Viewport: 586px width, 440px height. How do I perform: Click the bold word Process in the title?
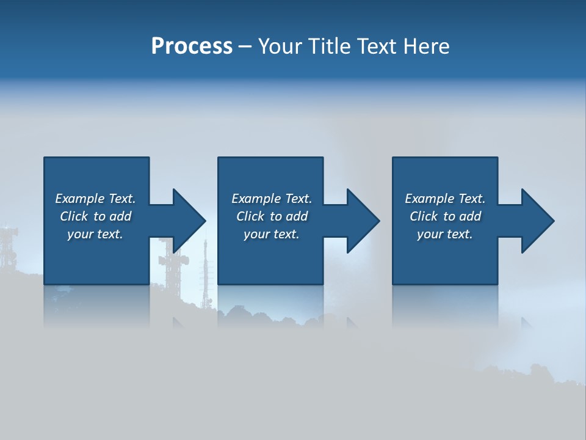(192, 46)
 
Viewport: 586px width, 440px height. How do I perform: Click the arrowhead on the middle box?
(363, 221)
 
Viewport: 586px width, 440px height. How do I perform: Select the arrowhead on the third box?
(537, 221)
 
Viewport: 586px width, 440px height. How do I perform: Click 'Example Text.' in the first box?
(95, 199)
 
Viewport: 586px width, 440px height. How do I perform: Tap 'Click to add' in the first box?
(95, 216)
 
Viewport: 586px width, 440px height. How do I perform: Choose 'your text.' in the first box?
(95, 234)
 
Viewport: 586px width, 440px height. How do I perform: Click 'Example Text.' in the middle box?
(272, 199)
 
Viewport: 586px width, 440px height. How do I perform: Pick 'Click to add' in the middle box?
(272, 216)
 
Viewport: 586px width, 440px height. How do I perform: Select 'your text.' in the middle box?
(272, 234)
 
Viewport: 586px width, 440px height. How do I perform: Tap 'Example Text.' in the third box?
(445, 199)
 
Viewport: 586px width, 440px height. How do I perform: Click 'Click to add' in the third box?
(445, 216)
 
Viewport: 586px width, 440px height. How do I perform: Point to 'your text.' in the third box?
(445, 234)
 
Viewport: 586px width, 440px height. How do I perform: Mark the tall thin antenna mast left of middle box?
(205, 269)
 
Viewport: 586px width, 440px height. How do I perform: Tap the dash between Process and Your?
(245, 46)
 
